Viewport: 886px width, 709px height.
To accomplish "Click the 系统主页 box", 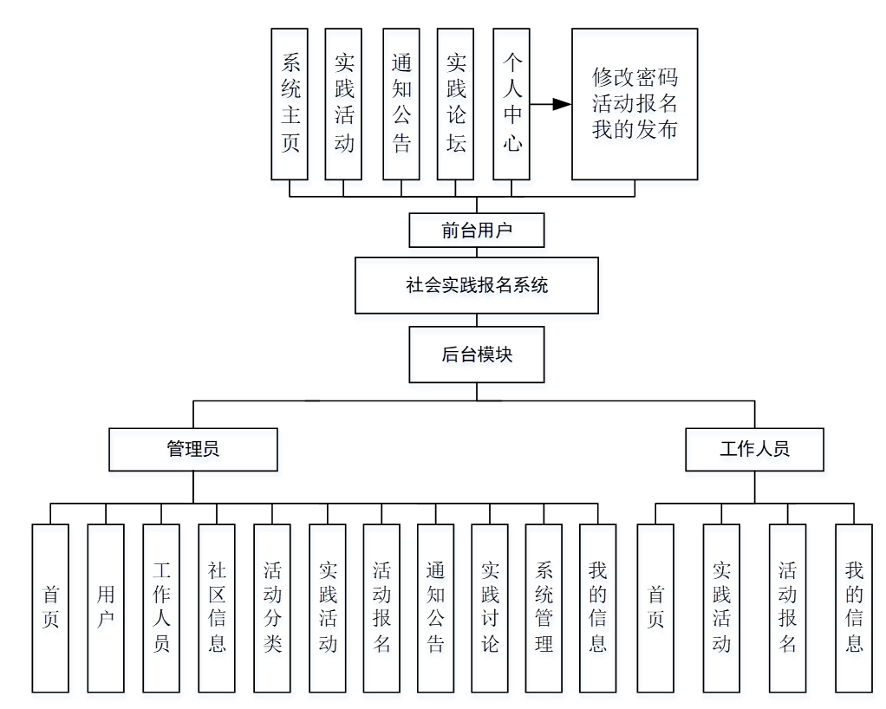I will [290, 104].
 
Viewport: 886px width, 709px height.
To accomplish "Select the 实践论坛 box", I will [456, 104].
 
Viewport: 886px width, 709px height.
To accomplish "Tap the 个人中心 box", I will [511, 104].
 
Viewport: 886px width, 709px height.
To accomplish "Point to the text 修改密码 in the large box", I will [634, 77].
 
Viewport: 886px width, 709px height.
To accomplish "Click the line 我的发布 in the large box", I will [634, 130].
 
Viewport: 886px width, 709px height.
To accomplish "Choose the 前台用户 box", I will [477, 231].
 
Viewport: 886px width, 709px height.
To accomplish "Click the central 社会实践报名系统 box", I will [477, 285].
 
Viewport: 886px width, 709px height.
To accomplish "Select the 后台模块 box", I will [477, 354].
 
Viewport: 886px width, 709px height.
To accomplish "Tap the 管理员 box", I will [193, 449].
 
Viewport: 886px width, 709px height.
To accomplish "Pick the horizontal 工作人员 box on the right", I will [754, 449].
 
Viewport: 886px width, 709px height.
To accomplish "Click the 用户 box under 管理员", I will [106, 608].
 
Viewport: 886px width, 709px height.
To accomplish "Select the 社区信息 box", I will [217, 608].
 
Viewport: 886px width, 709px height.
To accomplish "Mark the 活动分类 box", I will [272, 608].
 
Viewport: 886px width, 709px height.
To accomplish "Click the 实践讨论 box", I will [490, 608].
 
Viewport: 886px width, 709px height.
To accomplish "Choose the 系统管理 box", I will [544, 608].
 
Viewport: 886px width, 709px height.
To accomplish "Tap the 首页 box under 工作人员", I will [655, 608].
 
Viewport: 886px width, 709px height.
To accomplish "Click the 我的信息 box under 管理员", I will [597, 608].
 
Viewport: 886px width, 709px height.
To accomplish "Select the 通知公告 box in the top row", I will [401, 104].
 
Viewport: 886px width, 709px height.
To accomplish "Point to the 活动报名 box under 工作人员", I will [787, 608].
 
